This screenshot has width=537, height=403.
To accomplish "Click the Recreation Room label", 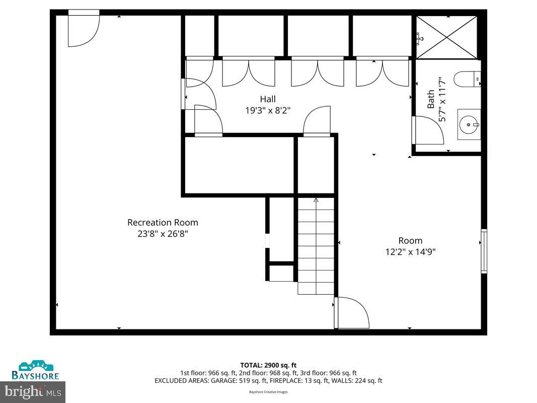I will click(163, 222).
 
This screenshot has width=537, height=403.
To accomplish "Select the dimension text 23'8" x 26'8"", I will click(163, 234).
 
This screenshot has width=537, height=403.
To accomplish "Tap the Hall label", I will click(268, 99).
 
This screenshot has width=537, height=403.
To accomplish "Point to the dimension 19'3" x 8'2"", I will click(268, 110).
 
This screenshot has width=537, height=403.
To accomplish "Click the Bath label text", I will click(431, 99).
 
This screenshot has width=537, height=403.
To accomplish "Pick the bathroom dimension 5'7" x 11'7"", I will click(442, 99).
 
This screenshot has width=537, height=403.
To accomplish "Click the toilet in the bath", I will click(467, 79).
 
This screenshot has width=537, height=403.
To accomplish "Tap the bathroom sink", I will click(469, 124).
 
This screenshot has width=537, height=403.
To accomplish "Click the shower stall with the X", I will click(447, 37).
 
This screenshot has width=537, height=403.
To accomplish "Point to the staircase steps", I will click(316, 247).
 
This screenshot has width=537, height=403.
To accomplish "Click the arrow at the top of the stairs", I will click(316, 200).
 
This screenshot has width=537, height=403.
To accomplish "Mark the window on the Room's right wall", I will click(484, 251).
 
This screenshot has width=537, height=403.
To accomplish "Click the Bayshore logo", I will click(36, 370).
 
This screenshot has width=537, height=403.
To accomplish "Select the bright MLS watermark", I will click(33, 390).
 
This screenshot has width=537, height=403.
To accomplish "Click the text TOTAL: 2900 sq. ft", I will click(268, 365).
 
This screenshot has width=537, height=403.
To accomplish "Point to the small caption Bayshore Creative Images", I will click(268, 392).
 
